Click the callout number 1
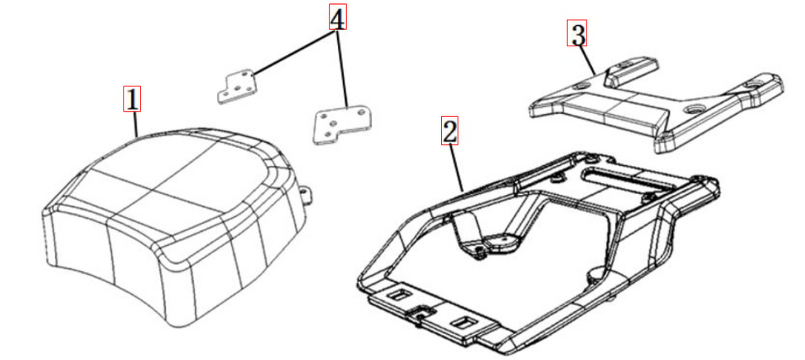[132, 100]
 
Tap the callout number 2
[449, 131]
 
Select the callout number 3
[577, 34]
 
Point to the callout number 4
[337, 17]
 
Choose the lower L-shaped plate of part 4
[341, 125]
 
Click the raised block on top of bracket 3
[631, 68]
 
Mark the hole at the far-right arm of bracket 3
[755, 83]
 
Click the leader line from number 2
[457, 167]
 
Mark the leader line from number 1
[135, 124]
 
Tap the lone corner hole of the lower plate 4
[362, 111]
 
